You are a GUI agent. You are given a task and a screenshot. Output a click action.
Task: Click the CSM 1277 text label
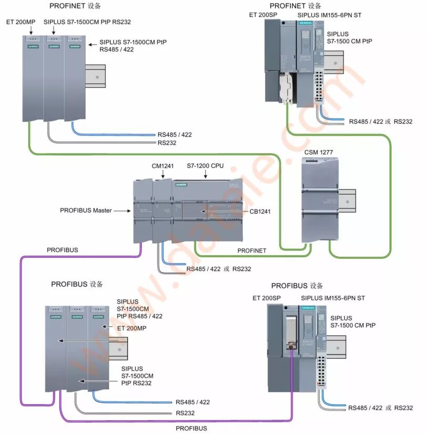(x=318, y=153)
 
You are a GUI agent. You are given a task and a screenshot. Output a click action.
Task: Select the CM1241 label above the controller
(x=162, y=166)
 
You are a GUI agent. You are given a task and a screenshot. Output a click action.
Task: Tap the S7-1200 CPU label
(x=205, y=166)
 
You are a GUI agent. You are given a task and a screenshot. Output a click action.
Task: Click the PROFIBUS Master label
(x=86, y=210)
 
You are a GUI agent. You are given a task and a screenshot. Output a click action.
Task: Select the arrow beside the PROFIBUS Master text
(x=122, y=211)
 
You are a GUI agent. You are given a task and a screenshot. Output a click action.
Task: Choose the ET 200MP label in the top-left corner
(x=20, y=22)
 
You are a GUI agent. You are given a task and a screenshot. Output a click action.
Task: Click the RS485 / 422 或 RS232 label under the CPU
(x=218, y=269)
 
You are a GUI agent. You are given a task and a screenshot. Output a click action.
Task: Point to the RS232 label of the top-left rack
(x=167, y=143)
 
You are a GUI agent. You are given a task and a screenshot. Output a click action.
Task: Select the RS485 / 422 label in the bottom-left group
(x=193, y=402)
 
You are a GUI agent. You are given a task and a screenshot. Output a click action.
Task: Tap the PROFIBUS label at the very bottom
(x=191, y=428)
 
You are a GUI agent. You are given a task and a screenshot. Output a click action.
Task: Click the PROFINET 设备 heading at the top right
(x=295, y=6)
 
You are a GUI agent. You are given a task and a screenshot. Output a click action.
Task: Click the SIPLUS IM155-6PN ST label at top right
(x=337, y=15)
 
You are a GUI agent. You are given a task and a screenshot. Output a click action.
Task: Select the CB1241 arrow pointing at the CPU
(x=223, y=211)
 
